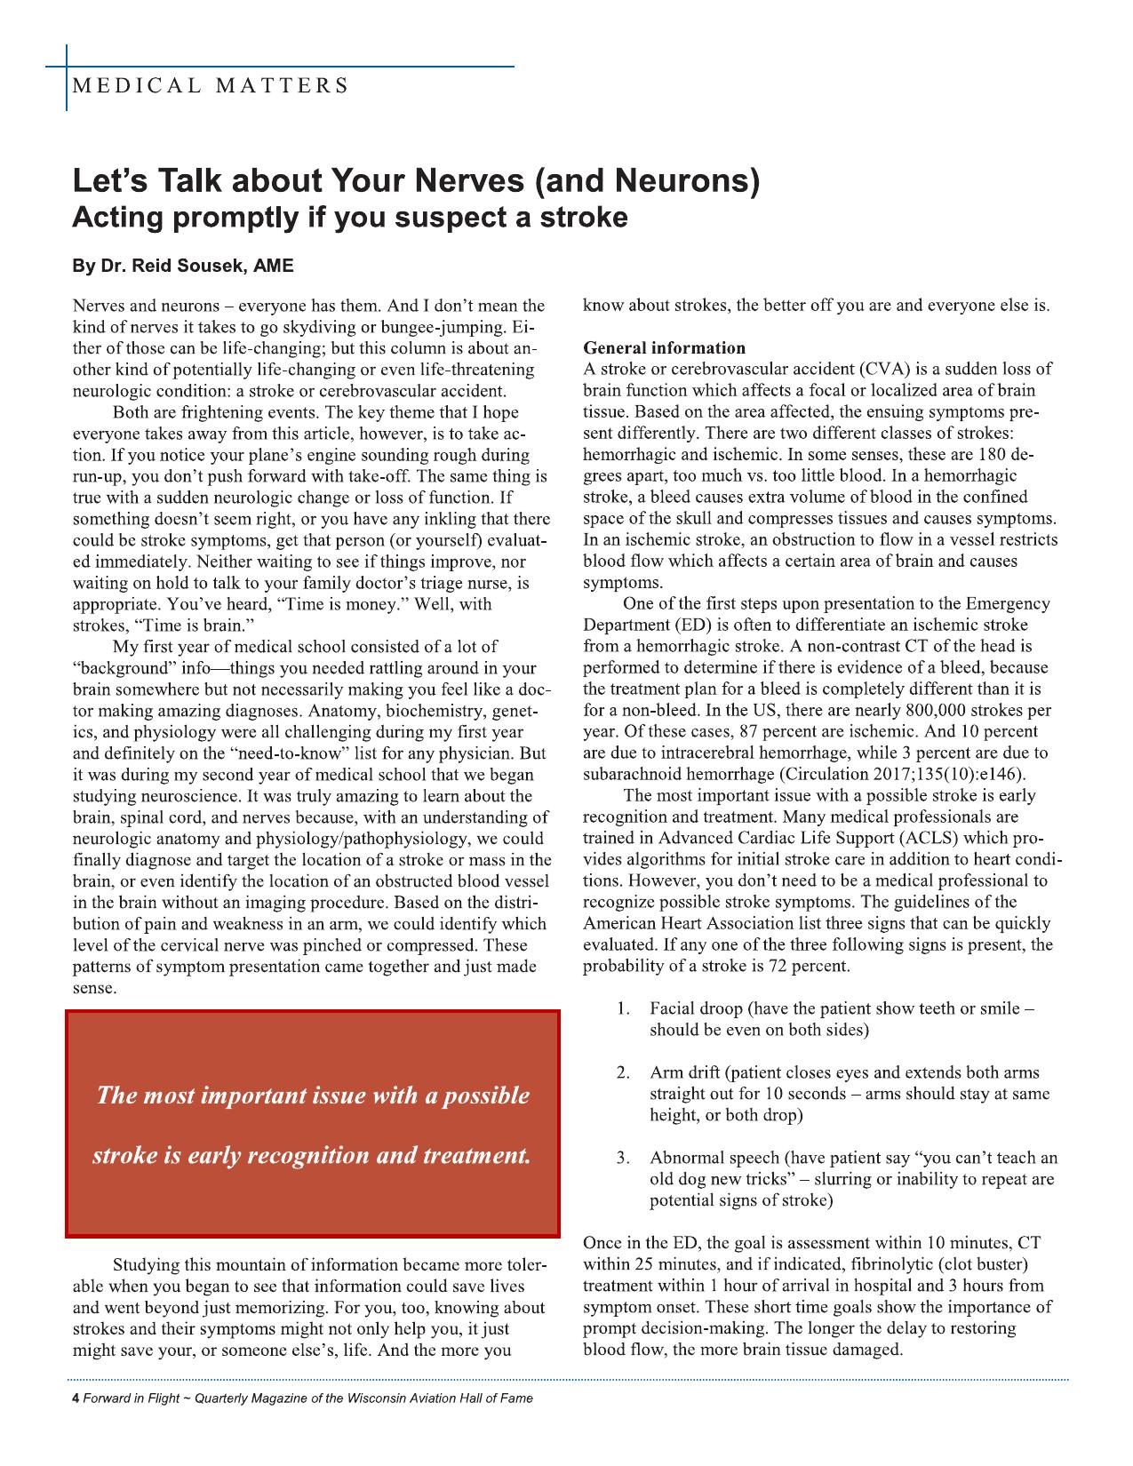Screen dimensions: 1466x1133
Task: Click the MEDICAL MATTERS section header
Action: click(x=210, y=86)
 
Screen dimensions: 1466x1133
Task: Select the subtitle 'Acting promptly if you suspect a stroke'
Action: click(x=349, y=217)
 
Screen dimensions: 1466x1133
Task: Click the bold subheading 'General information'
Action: click(x=664, y=347)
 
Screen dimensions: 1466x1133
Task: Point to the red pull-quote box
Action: click(x=312, y=1124)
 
